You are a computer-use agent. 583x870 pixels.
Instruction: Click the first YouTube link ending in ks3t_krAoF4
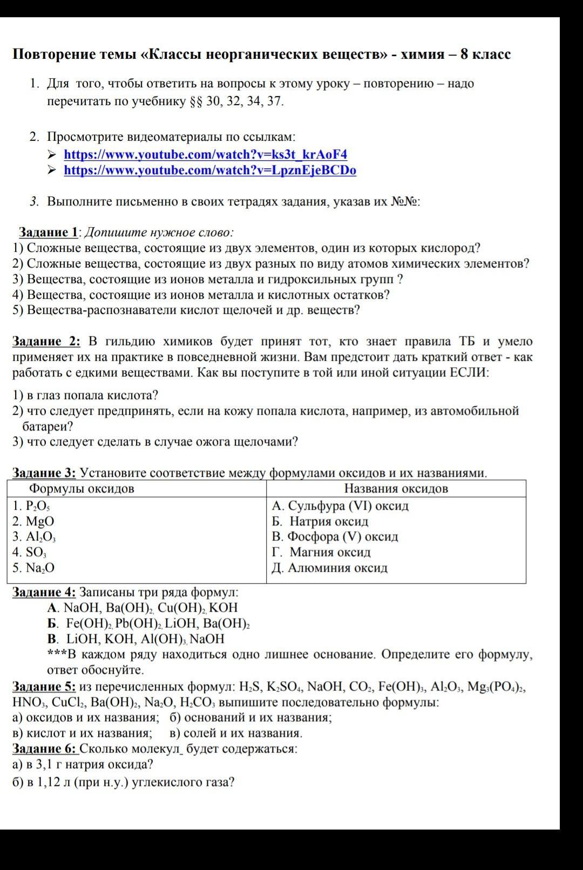[205, 155]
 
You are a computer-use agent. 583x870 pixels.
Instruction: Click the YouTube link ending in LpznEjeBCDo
[210, 170]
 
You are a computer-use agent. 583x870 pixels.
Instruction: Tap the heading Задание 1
[49, 232]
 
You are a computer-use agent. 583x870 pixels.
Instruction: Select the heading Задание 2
[46, 341]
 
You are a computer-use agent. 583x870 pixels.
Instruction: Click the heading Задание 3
[44, 473]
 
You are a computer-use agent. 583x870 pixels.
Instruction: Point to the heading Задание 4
[44, 592]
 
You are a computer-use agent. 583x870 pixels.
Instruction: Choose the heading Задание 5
[44, 687]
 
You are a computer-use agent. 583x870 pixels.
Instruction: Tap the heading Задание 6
[44, 749]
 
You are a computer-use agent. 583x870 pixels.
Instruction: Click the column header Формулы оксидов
[82, 489]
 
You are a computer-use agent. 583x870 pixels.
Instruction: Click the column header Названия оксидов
[396, 489]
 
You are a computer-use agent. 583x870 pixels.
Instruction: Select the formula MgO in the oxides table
[40, 522]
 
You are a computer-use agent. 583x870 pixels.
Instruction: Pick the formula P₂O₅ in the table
[38, 506]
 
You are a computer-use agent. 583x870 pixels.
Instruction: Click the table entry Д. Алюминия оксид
[330, 568]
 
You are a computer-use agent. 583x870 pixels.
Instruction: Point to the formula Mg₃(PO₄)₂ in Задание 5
[496, 687]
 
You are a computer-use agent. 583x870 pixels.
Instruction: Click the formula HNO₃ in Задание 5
[30, 703]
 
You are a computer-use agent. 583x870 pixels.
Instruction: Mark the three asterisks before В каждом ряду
[57, 654]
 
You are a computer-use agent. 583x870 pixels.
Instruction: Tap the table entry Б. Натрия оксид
[321, 522]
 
